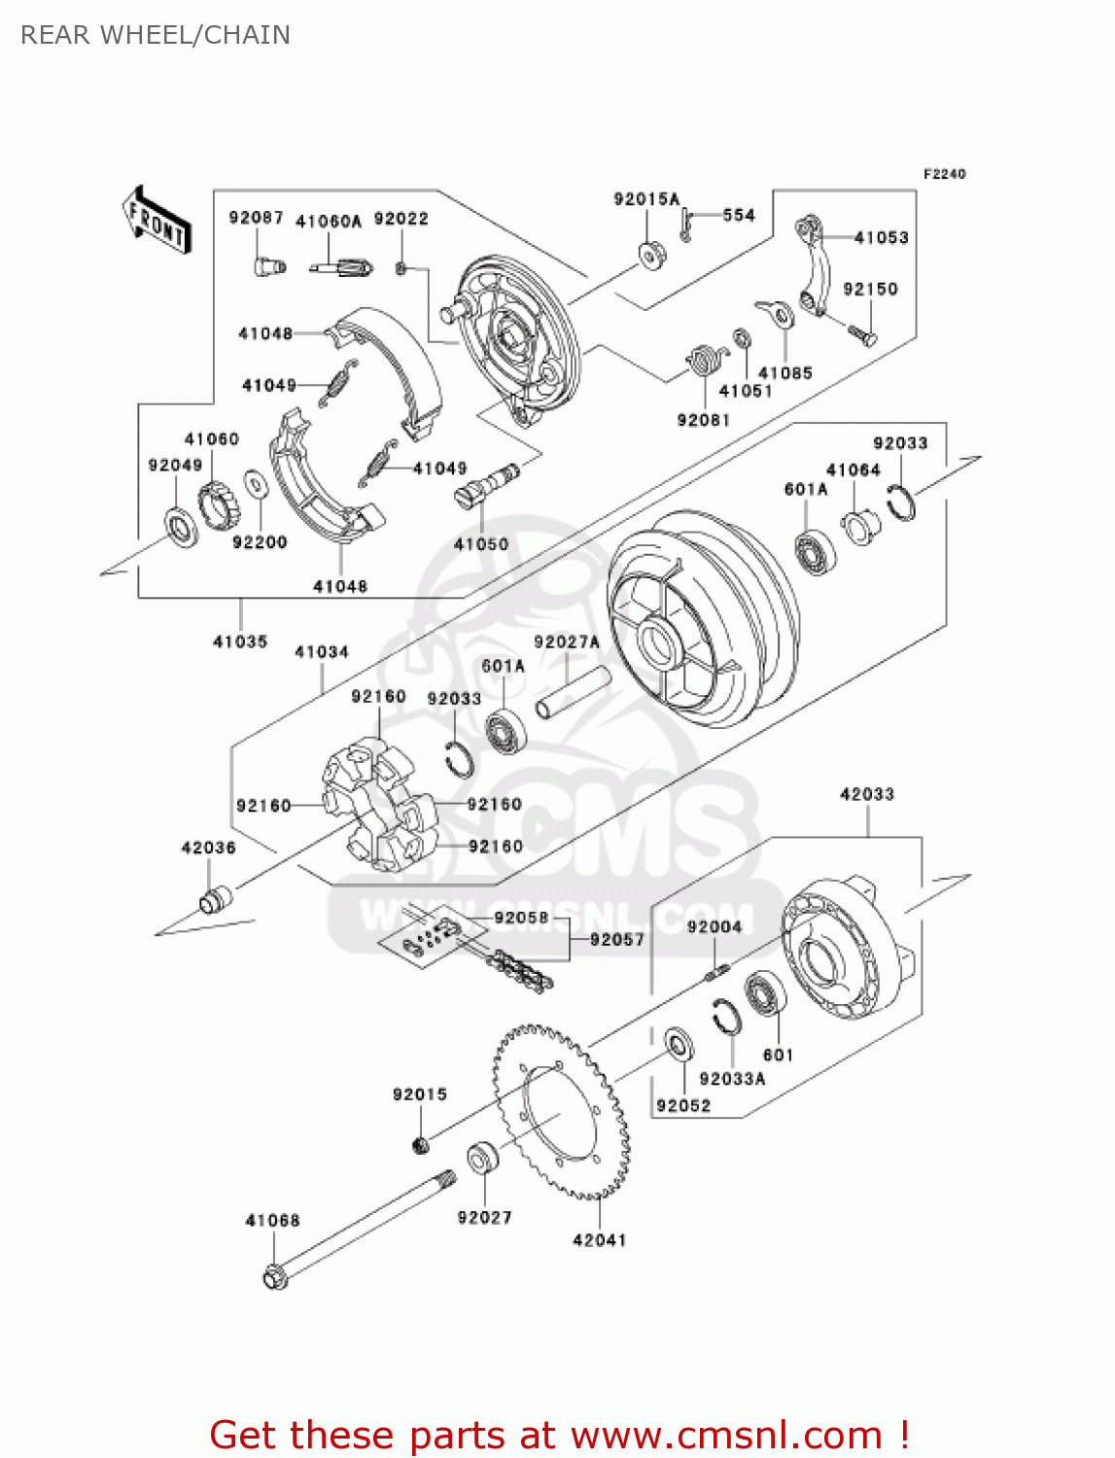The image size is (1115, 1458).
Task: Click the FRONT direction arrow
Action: pos(157,221)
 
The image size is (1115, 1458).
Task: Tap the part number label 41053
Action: pos(881,237)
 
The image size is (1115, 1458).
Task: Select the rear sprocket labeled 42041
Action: pos(561,1111)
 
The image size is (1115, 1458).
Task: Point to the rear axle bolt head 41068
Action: pos(276,1275)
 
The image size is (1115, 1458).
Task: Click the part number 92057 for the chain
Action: pos(617,939)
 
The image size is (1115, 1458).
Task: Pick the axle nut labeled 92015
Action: pos(421,1144)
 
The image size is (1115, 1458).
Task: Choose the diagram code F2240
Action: pos(944,174)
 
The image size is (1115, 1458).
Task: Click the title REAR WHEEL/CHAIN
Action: pos(156,35)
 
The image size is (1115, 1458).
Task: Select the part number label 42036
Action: pos(208,848)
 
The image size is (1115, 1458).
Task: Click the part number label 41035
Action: pos(240,642)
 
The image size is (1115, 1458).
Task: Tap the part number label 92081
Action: pos(703,420)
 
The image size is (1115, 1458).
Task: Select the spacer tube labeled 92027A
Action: pos(573,692)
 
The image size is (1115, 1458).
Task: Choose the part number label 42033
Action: pos(866,794)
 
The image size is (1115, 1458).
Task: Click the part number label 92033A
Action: pos(732,1078)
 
